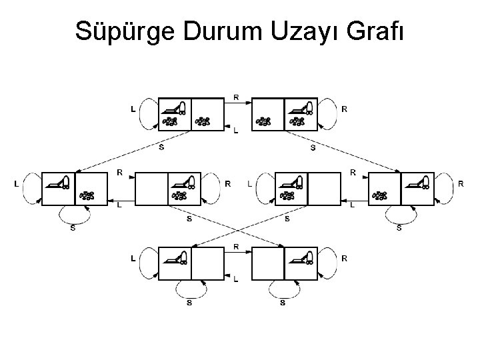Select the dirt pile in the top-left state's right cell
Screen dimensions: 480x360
coord(203,121)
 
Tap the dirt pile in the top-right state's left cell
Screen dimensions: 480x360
coord(265,121)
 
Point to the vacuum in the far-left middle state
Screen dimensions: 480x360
coord(59,182)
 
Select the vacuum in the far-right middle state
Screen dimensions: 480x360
coord(419,182)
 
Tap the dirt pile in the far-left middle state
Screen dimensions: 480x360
coord(87,195)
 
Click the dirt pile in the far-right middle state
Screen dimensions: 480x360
coord(381,195)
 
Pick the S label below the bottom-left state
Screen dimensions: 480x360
coord(189,303)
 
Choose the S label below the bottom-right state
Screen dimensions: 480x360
coord(283,303)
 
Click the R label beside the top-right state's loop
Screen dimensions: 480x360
coord(344,108)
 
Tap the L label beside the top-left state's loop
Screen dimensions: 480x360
coord(133,108)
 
